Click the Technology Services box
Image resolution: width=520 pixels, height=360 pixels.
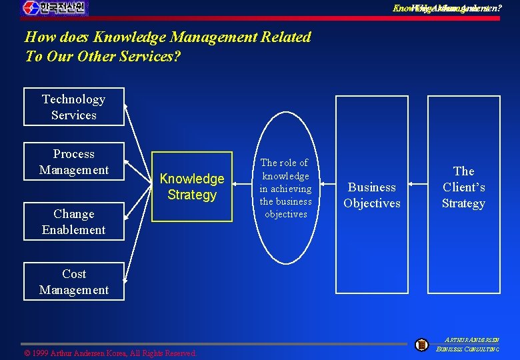coord(73,107)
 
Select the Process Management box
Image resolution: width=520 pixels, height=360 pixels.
coord(73,161)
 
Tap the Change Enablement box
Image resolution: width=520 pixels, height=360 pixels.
coord(73,221)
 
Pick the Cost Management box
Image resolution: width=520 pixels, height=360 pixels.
coord(73,281)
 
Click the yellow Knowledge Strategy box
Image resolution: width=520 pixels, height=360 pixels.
coord(192,187)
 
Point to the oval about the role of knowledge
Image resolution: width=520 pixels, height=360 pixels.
coord(285,188)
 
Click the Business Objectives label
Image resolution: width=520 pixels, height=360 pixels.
coord(372,195)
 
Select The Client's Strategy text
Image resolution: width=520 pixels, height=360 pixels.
coord(463,187)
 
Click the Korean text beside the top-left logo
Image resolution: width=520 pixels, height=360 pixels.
coord(64,8)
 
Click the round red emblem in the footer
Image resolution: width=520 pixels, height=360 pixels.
coord(421,345)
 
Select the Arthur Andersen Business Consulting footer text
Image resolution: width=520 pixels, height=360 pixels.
coord(471,344)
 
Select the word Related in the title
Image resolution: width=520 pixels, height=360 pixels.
coord(283,37)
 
